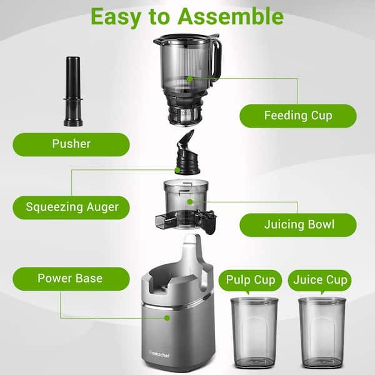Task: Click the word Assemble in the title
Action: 231,17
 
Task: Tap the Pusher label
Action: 71,144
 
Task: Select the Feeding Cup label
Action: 298,116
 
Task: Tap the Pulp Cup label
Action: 250,281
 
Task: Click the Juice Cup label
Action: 320,281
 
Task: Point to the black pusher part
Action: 73,91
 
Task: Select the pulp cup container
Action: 254,333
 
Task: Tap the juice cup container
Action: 322,333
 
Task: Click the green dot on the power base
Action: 167,318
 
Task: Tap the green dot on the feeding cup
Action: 189,79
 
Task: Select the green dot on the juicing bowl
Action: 190,202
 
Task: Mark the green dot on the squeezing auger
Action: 177,170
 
